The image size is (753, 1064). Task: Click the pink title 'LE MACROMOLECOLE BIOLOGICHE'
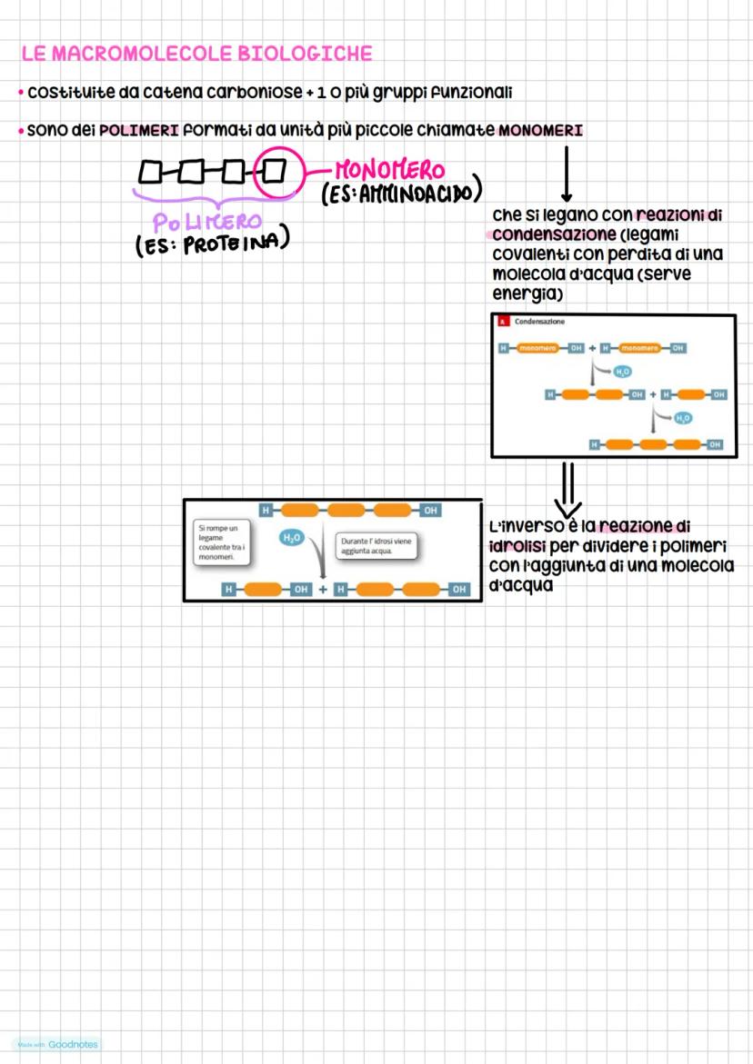click(197, 55)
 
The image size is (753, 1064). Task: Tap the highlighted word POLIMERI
click(139, 131)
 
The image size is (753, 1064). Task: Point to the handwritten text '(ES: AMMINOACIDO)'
click(400, 192)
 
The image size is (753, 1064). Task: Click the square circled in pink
click(272, 170)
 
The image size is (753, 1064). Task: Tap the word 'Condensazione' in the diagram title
click(539, 322)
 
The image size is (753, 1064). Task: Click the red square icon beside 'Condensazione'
click(501, 322)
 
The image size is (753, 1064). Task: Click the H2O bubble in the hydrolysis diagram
click(291, 539)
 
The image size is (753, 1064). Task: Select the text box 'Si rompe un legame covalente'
click(221, 542)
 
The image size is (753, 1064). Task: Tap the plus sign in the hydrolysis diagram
click(323, 590)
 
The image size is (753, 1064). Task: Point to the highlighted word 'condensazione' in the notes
click(541, 234)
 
